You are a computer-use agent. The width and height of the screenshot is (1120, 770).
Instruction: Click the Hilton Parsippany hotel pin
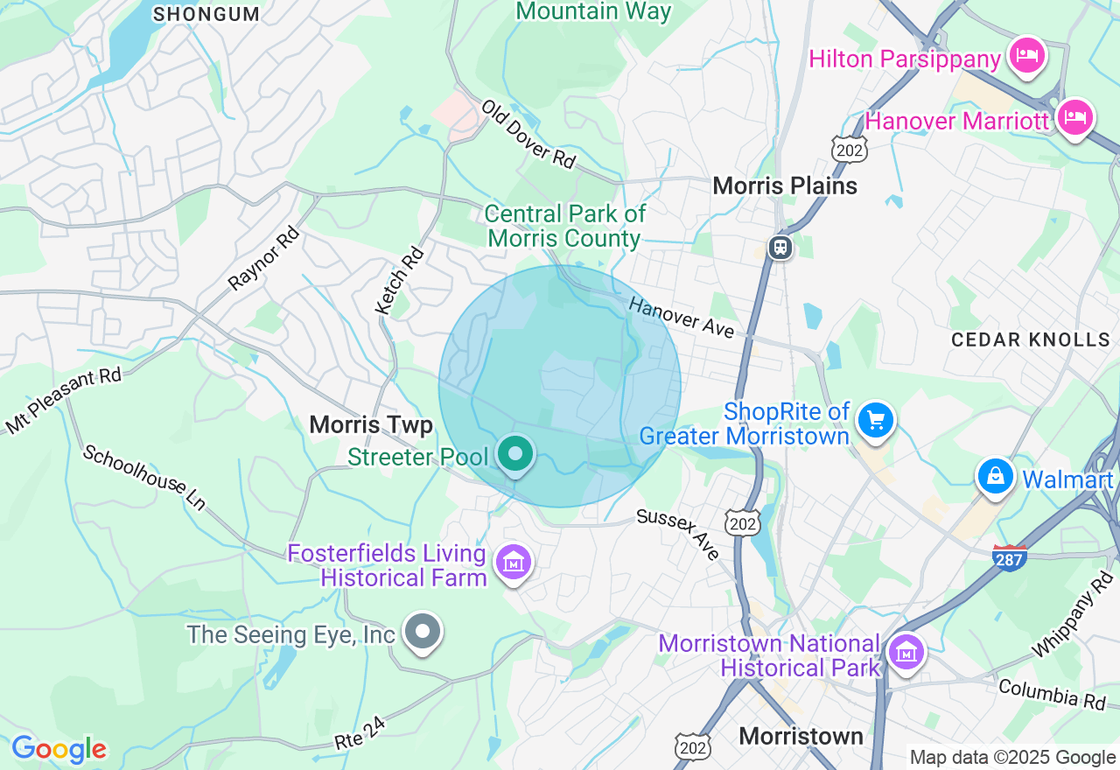pyautogui.click(x=1026, y=57)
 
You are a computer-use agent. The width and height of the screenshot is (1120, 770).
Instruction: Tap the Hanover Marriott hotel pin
pyautogui.click(x=1074, y=117)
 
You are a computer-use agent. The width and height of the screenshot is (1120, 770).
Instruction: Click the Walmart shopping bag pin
pyautogui.click(x=995, y=477)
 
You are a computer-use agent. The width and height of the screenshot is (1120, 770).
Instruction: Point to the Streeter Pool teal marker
pyautogui.click(x=515, y=454)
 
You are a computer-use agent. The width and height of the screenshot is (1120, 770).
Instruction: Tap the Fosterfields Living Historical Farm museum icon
pyautogui.click(x=514, y=563)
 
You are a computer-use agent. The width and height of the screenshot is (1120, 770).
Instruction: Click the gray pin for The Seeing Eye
pyautogui.click(x=423, y=631)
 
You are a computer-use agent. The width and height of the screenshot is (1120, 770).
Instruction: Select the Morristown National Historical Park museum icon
pyautogui.click(x=906, y=652)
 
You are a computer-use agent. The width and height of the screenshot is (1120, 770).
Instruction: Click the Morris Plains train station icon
pyautogui.click(x=780, y=248)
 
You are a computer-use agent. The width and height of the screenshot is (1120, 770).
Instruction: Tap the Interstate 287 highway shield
pyautogui.click(x=1010, y=557)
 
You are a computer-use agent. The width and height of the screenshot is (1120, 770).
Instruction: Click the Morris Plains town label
pyautogui.click(x=785, y=185)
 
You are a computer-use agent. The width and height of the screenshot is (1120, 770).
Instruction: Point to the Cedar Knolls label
pyautogui.click(x=1030, y=339)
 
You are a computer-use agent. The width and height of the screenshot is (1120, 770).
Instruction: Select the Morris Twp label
pyautogui.click(x=371, y=425)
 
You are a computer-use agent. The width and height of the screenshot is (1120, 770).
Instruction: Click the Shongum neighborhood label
pyautogui.click(x=206, y=14)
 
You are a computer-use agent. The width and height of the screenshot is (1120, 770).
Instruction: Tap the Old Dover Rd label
pyautogui.click(x=528, y=134)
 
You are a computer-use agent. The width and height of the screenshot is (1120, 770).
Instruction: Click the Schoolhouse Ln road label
pyautogui.click(x=144, y=478)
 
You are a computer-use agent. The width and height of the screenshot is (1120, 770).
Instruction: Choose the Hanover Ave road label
pyautogui.click(x=681, y=317)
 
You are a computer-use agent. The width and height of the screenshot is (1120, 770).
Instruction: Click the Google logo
pyautogui.click(x=59, y=750)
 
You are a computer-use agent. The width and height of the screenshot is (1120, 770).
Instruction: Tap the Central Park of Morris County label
pyautogui.click(x=565, y=226)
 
